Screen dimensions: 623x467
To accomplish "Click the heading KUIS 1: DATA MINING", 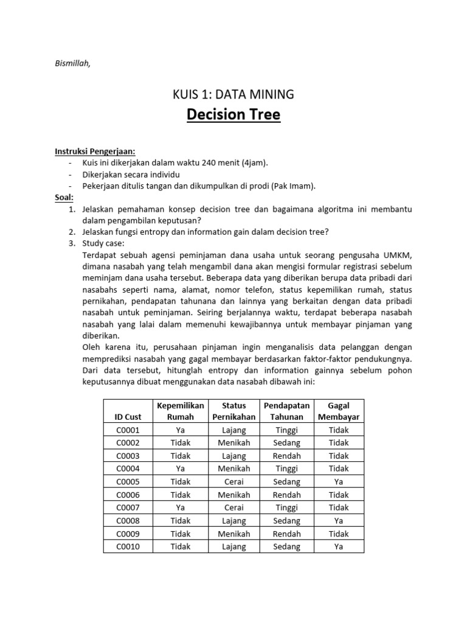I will click(233, 94).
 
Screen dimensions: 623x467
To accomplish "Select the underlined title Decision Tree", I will click(233, 115).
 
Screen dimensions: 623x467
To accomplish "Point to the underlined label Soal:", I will click(64, 198).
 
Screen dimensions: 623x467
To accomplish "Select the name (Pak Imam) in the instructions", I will click(288, 186).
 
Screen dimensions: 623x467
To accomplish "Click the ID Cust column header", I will click(128, 417).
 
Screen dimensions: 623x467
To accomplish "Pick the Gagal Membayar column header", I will click(339, 411).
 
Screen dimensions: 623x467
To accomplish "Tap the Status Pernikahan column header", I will click(233, 411).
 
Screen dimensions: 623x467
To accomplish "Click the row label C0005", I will click(128, 481).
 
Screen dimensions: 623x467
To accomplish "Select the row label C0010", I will click(128, 546).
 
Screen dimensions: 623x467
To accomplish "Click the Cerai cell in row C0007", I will click(233, 507).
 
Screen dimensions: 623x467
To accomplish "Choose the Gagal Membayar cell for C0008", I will click(339, 521).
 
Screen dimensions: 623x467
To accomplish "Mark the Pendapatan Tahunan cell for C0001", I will click(286, 430).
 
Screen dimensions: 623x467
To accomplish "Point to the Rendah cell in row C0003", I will click(286, 456).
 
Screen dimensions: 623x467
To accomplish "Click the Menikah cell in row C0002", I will click(233, 442).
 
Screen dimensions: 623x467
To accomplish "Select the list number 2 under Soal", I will click(71, 232).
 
